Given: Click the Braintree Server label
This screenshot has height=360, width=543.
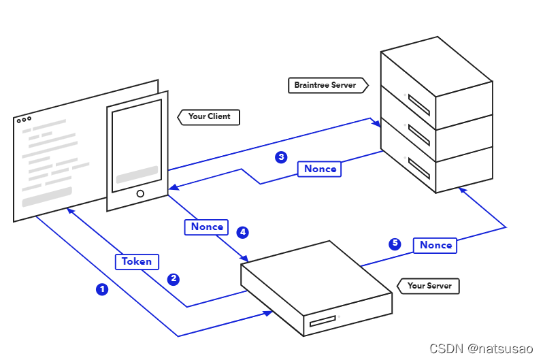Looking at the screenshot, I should pos(325,86).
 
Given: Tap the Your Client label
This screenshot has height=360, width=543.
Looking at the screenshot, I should pos(209,116).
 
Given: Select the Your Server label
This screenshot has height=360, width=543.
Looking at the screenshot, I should pos(429,286).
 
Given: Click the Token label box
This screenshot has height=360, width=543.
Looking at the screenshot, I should pos(137,261).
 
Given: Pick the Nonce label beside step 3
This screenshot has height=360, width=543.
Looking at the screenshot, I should pos(320,169).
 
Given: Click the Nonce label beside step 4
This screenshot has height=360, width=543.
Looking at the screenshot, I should pos(207,227).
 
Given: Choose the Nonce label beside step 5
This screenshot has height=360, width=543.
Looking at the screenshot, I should pos(435,245).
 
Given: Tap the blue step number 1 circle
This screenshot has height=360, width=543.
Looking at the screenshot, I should pos(102,289).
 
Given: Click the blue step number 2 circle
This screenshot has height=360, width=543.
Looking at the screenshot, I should pos(174,279).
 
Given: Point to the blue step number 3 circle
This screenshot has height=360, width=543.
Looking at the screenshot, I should pos(281,157).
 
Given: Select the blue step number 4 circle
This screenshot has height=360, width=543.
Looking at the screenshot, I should pos(242,232).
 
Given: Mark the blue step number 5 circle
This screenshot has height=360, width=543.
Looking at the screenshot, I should pos(395,244).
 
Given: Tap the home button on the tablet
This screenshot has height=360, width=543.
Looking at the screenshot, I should pos(140,194).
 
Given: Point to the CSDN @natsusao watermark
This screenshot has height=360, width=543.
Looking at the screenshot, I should pos(481,348).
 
